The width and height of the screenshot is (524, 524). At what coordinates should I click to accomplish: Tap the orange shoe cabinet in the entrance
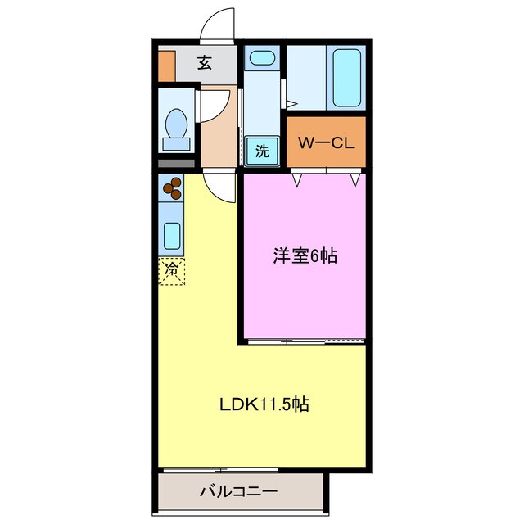(166, 66)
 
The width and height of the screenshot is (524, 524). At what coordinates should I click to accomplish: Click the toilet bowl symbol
(176, 125)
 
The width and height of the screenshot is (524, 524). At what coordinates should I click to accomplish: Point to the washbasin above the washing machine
(261, 58)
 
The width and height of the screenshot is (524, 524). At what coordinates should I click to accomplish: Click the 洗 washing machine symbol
(261, 151)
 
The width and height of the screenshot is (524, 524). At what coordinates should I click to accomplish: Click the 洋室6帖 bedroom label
(305, 256)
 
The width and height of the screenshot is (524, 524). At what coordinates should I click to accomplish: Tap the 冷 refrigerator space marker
(173, 270)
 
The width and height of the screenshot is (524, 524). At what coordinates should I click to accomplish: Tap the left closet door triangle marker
(298, 177)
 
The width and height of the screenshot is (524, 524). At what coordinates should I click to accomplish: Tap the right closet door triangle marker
(355, 178)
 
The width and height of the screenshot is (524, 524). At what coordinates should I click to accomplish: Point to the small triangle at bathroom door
(289, 104)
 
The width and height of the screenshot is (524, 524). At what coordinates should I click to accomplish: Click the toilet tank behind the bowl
(176, 144)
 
